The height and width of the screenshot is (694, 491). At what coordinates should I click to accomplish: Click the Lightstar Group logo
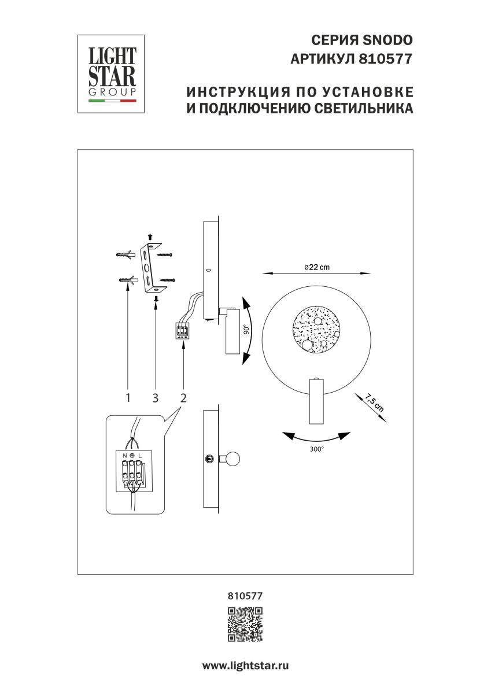112,73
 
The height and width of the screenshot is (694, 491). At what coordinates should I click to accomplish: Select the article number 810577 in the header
387,58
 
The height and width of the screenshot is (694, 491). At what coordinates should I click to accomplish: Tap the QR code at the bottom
245,625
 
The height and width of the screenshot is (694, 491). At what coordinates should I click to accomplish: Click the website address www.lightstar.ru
245,666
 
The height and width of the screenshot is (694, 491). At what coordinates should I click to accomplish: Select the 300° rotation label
316,448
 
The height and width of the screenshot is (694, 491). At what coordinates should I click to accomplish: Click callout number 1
127,397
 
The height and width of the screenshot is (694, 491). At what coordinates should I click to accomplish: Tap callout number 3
156,397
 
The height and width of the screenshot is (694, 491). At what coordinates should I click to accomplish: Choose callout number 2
183,397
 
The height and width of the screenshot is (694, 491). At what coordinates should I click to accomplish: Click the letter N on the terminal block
124,456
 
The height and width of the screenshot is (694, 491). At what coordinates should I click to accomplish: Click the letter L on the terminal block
141,456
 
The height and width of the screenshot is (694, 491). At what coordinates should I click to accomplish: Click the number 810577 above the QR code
245,594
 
